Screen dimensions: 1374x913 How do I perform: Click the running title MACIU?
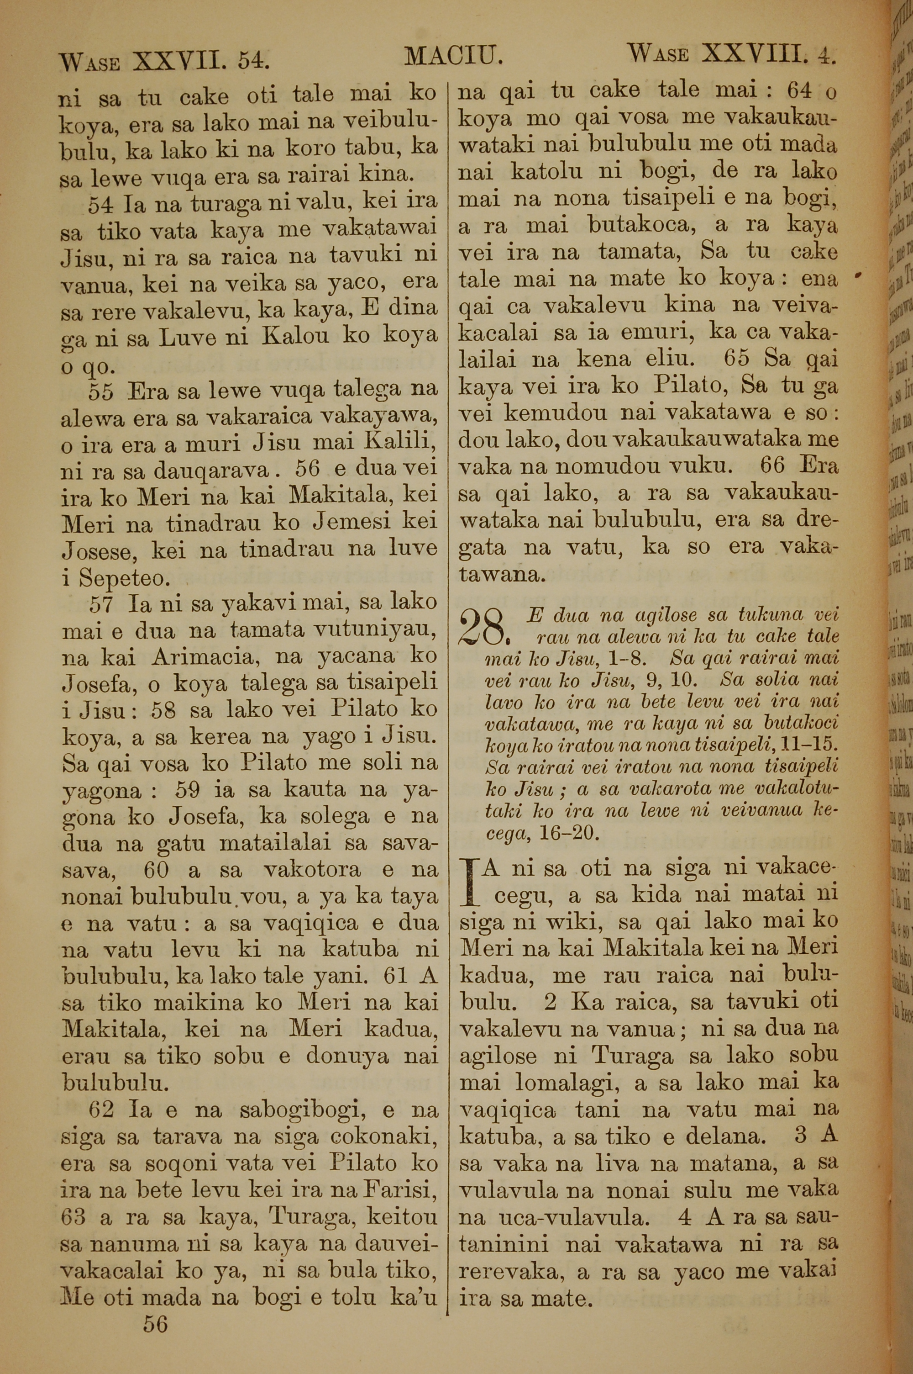tap(452, 57)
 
